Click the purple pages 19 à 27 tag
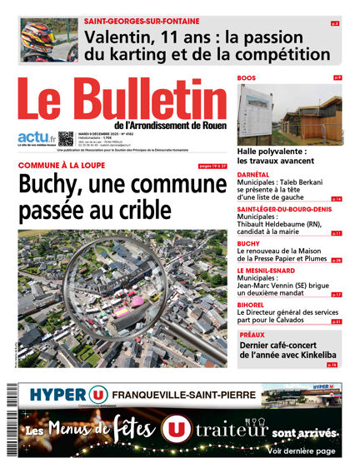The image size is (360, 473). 212,166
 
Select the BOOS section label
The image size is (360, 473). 246,77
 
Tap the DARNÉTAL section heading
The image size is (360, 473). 253,173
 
